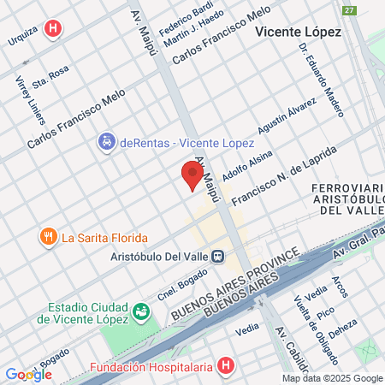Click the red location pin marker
pyautogui.click(x=192, y=175)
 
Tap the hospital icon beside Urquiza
pyautogui.click(x=55, y=28)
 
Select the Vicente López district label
pyautogui.click(x=299, y=32)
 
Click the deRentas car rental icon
pyautogui.click(x=106, y=140)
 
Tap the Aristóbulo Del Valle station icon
pyautogui.click(x=219, y=255)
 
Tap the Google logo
pyautogui.click(x=28, y=374)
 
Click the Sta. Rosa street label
pyautogui.click(x=50, y=77)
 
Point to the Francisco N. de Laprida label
pyautogui.click(x=283, y=178)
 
